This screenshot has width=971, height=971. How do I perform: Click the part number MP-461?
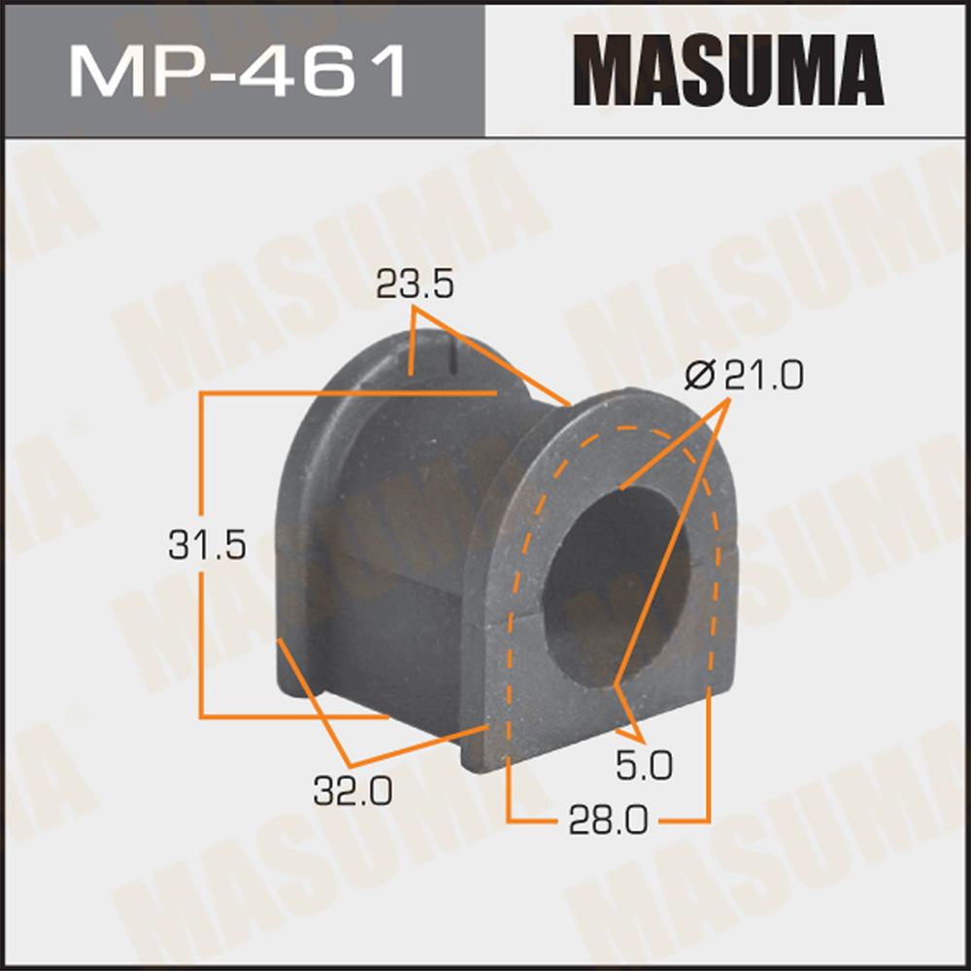click(x=237, y=71)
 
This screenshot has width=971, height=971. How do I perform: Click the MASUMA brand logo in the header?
click(x=728, y=70)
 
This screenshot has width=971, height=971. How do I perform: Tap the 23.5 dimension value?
click(x=415, y=285)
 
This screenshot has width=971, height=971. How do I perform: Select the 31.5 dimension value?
click(x=207, y=545)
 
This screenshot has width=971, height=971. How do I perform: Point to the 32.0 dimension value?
click(x=352, y=790)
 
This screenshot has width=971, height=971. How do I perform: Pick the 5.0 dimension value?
click(x=644, y=765)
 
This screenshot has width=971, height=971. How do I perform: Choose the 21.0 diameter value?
click(x=764, y=375)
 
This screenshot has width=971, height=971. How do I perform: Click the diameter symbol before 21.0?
click(x=700, y=375)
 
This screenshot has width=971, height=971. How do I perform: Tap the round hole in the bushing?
click(x=616, y=587)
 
